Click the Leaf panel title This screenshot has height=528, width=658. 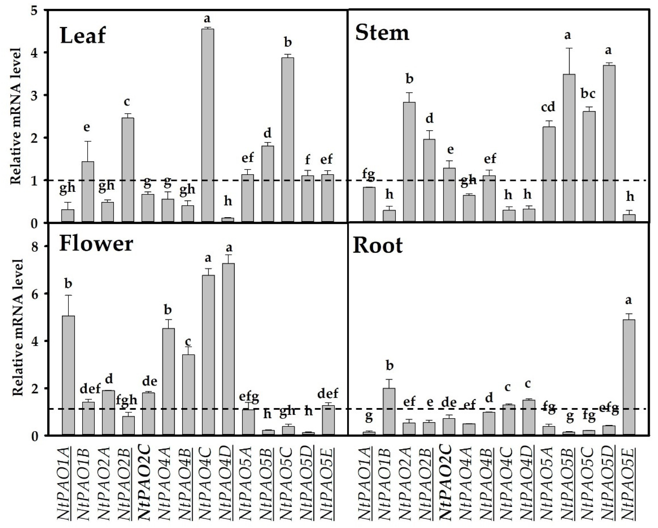click(x=83, y=35)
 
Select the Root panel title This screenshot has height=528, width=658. click(x=378, y=246)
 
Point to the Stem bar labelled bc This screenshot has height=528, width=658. click(x=589, y=166)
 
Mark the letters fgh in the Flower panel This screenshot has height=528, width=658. click(x=127, y=400)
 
